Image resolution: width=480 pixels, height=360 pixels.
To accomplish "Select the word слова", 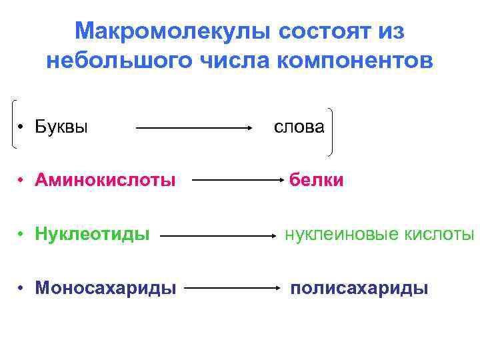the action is click(299, 127).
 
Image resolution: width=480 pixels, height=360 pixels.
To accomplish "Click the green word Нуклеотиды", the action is click(92, 234).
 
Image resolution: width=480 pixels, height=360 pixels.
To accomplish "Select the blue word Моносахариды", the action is click(106, 288).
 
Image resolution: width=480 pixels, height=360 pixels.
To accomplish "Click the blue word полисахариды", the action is click(359, 288).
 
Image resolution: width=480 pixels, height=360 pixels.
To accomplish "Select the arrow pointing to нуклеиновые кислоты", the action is click(220, 235).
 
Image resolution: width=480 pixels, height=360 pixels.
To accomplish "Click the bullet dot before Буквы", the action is click(22, 127).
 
